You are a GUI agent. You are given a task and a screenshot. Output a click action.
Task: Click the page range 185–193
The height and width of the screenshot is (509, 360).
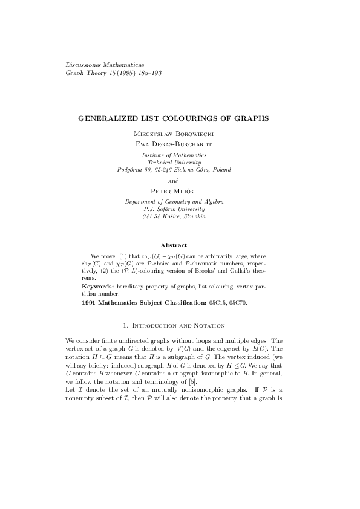coord(148,73)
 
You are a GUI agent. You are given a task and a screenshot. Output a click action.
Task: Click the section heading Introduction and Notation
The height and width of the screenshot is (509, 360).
coord(180,326)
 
